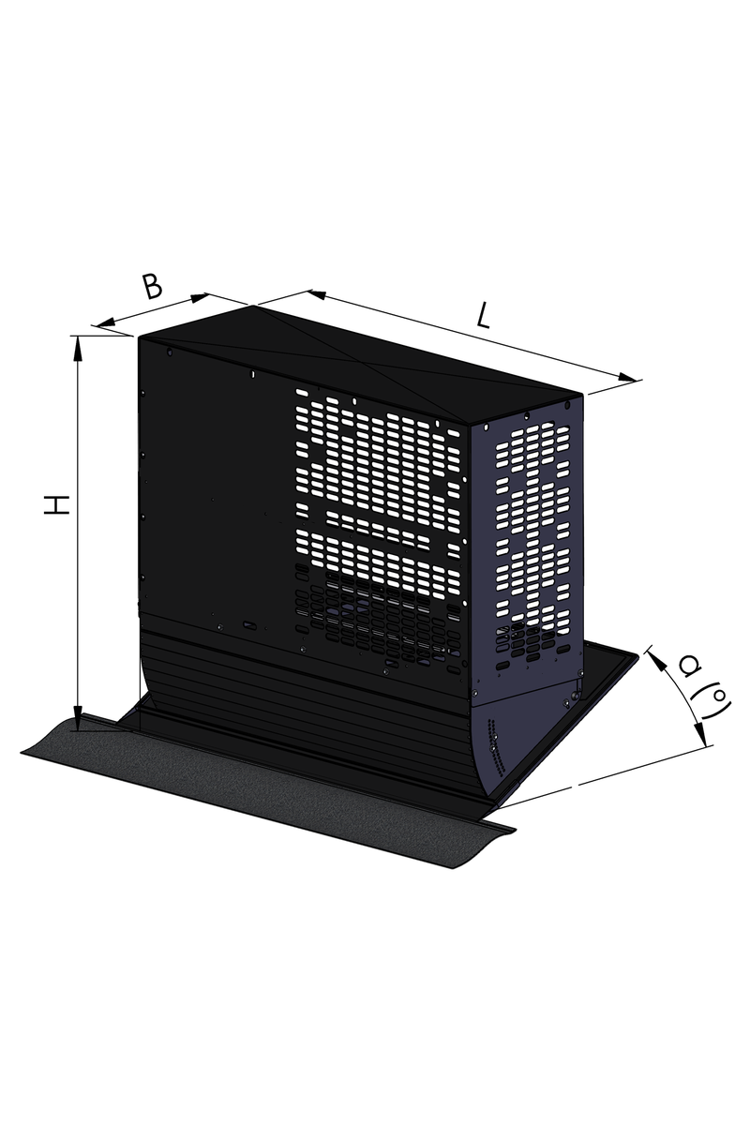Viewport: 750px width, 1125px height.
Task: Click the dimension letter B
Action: pyautogui.click(x=152, y=286)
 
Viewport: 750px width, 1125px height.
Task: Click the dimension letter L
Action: pyautogui.click(x=482, y=317)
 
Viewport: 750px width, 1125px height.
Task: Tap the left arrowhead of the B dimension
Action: pyautogui.click(x=107, y=323)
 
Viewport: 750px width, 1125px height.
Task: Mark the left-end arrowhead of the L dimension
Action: pyautogui.click(x=319, y=294)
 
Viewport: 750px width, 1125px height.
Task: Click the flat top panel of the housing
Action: pyautogui.click(x=362, y=361)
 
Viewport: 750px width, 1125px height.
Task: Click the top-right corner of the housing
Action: pyautogui.click(x=583, y=396)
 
